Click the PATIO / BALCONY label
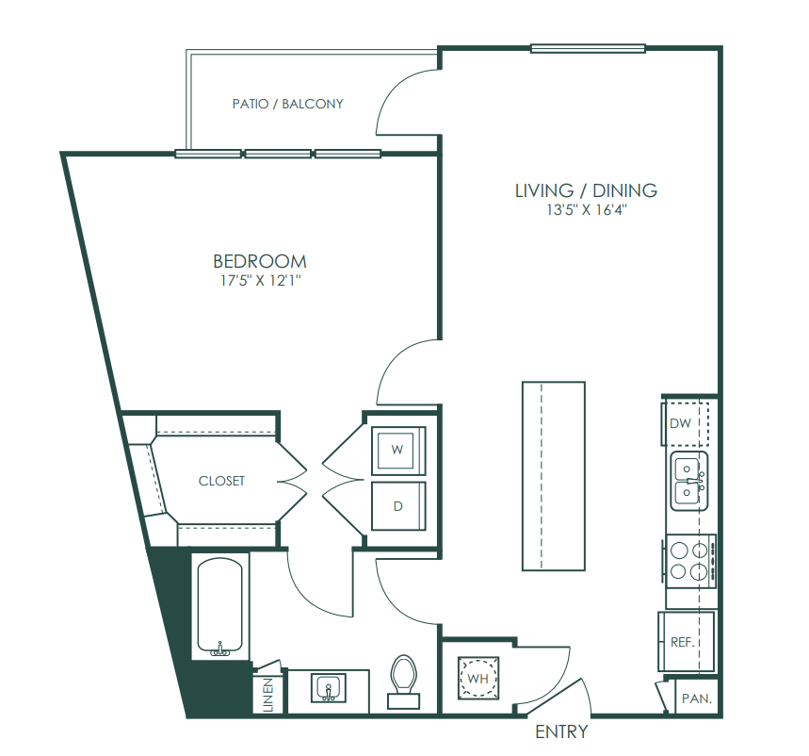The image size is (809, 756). tap(287, 104)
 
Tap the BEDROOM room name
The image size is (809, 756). tap(260, 261)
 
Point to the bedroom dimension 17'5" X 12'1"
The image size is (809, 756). tap(260, 281)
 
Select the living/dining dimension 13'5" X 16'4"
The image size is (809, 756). tap(587, 210)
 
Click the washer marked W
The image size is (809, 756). tap(398, 451)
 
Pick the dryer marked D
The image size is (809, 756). tap(398, 506)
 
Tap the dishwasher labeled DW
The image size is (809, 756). tap(686, 423)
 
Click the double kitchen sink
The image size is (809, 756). tap(688, 481)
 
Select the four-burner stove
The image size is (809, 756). tap(690, 561)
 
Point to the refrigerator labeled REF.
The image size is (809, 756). tap(686, 642)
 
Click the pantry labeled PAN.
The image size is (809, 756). tap(696, 698)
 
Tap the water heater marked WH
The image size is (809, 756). tap(478, 678)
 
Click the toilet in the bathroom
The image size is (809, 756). tap(403, 682)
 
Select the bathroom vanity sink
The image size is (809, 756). tap(328, 688)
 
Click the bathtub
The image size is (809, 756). tap(219, 606)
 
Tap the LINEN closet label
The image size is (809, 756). tap(268, 695)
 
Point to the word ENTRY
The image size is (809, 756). tap(561, 731)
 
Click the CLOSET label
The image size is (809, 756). tap(221, 481)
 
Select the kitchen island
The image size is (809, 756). tap(554, 476)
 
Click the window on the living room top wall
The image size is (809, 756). tap(589, 48)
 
